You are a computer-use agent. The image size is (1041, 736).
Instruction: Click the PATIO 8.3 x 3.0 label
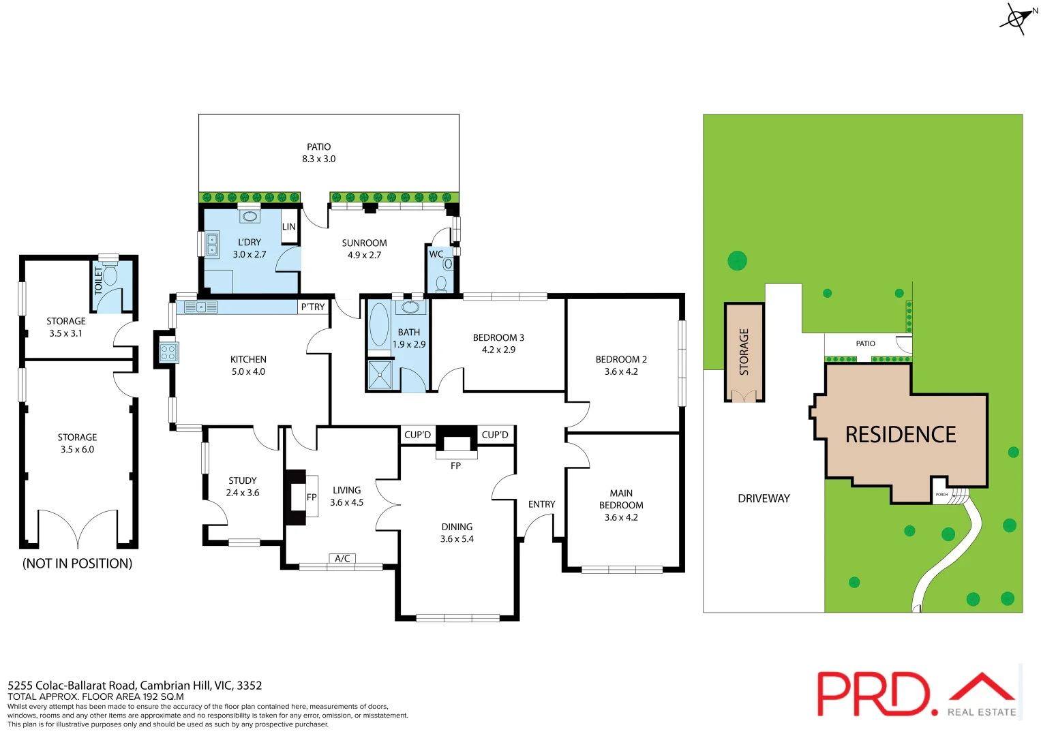point(319,153)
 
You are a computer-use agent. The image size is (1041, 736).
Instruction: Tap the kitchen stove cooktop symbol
point(168,352)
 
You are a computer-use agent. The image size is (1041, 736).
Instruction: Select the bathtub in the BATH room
point(379,325)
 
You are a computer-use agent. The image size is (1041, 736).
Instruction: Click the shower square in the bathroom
point(380,375)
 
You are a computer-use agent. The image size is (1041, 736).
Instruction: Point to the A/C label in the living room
point(342,559)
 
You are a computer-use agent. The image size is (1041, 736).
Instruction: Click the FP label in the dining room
point(455,466)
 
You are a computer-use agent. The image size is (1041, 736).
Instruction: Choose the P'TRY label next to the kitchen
point(313,307)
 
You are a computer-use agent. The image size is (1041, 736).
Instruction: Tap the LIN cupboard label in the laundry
point(289,227)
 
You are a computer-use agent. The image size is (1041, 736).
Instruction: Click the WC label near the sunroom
point(436,254)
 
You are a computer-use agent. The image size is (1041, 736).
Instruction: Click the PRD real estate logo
point(917,694)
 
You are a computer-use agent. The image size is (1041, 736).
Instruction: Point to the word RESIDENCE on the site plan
point(901,435)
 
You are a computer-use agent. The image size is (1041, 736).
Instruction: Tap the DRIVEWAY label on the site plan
point(764,499)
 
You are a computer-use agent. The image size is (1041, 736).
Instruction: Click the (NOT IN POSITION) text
point(77,564)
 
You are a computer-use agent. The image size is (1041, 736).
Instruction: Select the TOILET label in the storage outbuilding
point(98,279)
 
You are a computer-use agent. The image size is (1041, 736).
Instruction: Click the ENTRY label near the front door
point(541,504)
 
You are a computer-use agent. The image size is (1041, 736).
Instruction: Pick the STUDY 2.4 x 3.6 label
point(243,487)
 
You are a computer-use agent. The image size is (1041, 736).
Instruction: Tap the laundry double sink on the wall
point(212,245)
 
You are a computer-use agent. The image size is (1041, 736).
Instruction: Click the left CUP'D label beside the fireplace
point(417,435)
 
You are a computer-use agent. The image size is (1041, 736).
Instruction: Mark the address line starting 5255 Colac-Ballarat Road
point(135,686)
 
